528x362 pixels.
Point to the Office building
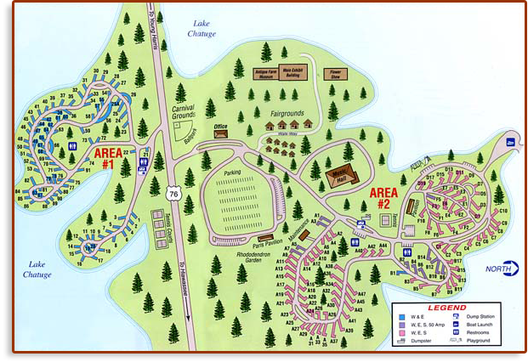pyautogui.click(x=221, y=133)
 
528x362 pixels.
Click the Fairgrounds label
pyautogui.click(x=287, y=113)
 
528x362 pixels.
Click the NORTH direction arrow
pyautogui.click(x=504, y=269)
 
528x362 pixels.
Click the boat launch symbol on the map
pyautogui.click(x=510, y=142)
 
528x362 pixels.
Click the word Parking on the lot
pyautogui.click(x=232, y=173)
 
